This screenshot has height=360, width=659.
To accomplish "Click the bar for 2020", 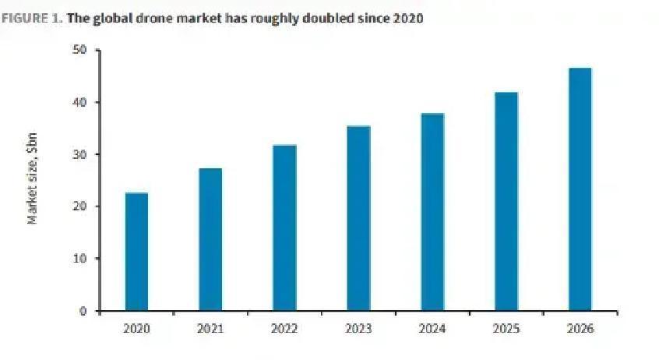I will [136, 252].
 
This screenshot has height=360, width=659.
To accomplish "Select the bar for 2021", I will [210, 239].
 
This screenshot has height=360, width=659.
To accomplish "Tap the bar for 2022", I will [284, 228].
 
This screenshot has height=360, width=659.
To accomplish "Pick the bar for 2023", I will [358, 218].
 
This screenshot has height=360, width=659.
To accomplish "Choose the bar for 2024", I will [432, 212].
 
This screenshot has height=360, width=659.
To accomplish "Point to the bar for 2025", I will [506, 201].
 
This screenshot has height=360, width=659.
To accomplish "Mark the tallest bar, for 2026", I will [580, 189].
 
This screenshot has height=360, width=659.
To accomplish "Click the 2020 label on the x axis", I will [136, 329].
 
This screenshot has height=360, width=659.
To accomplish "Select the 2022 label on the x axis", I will [284, 329].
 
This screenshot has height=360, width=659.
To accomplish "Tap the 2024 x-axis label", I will [432, 329].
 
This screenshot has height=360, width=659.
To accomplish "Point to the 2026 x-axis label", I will [580, 329].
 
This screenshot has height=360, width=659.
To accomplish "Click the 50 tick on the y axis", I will [79, 51].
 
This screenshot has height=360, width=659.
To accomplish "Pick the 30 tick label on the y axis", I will [79, 154].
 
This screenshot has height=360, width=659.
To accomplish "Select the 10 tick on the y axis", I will [79, 259].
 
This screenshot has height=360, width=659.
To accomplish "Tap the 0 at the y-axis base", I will [83, 311].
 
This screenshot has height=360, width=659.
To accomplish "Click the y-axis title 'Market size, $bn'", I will [33, 178].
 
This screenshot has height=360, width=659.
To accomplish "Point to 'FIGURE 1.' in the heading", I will [32, 18].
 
